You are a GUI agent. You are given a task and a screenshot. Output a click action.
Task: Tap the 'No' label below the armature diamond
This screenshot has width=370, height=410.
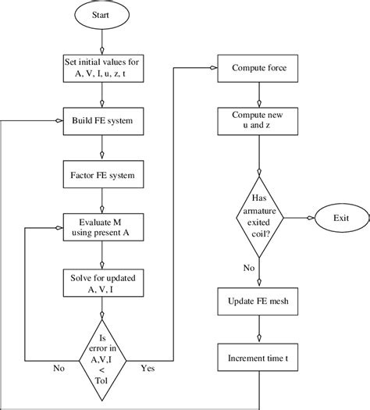249,267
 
